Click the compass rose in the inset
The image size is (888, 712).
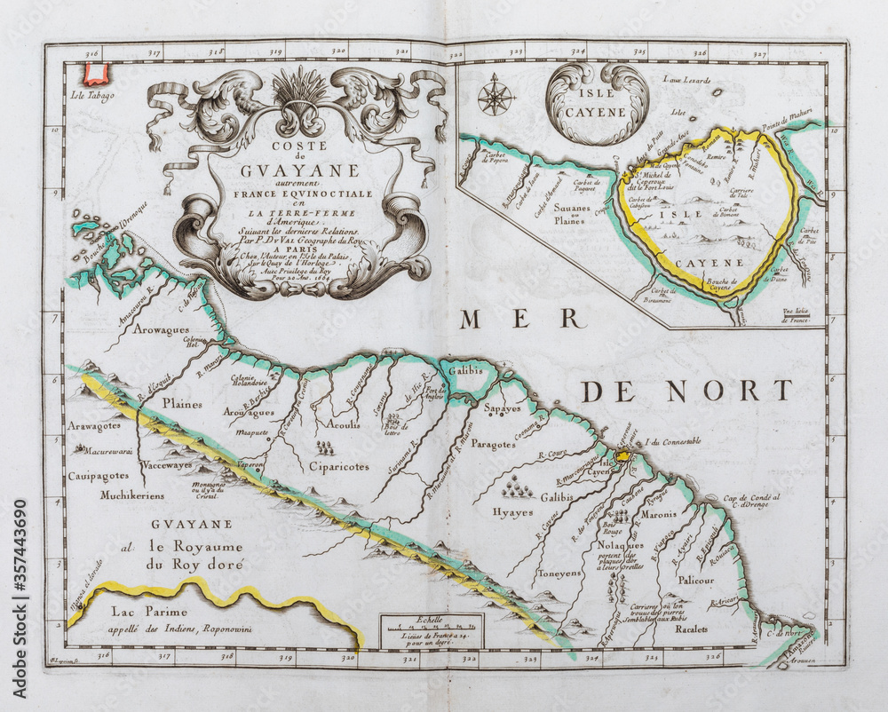click(496, 95)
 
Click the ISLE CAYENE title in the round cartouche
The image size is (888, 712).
click(598, 104)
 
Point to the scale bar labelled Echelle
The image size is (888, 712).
click(432, 629)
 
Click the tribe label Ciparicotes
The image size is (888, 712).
click(338, 467)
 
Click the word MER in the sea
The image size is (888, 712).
click(522, 318)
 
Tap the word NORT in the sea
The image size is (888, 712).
click(742, 391)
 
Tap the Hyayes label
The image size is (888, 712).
click(512, 512)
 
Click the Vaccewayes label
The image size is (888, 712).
click(166, 463)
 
